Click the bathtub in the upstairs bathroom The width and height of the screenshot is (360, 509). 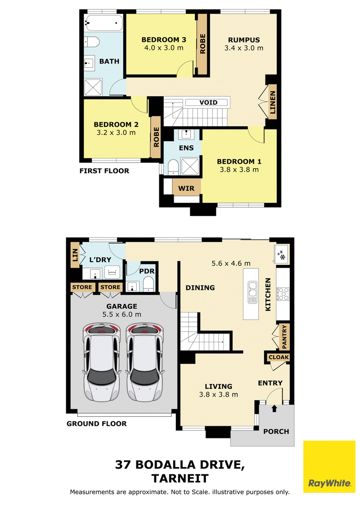[x=103, y=23]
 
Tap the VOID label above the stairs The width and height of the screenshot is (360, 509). [x=208, y=103]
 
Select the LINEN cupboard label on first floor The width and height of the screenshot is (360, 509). [x=273, y=102]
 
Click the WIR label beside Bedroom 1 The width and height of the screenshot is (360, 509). [x=186, y=188]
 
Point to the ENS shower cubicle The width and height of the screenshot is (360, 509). [x=190, y=166]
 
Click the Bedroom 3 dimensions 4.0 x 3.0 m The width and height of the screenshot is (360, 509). [x=164, y=48]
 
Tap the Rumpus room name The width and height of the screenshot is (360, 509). [x=244, y=40]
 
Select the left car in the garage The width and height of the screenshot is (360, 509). [x=100, y=362]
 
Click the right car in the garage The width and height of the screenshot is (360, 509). [x=144, y=362]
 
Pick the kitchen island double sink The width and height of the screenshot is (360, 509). [x=252, y=292]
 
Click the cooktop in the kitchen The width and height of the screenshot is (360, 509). [x=283, y=294]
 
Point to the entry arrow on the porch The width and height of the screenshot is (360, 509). [x=274, y=408]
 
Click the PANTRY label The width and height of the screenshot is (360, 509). [x=284, y=337]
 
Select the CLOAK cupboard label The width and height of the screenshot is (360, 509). [x=279, y=357]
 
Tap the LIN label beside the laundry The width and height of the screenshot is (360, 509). [x=75, y=255]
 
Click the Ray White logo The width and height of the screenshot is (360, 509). [x=329, y=466]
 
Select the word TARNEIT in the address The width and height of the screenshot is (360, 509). [x=180, y=478]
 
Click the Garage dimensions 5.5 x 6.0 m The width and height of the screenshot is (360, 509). [x=122, y=314]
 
